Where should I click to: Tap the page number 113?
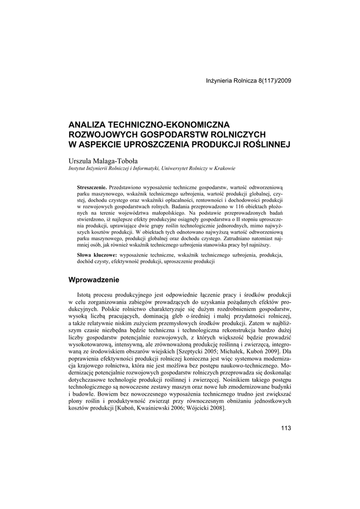pos(285,428)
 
